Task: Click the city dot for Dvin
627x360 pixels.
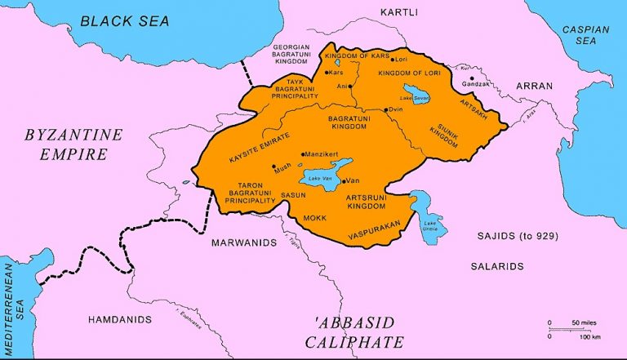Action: pos(387,109)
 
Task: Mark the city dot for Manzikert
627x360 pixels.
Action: pos(304,153)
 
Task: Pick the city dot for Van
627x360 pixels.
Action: pos(343,180)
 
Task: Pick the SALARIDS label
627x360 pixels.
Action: pos(496,266)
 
